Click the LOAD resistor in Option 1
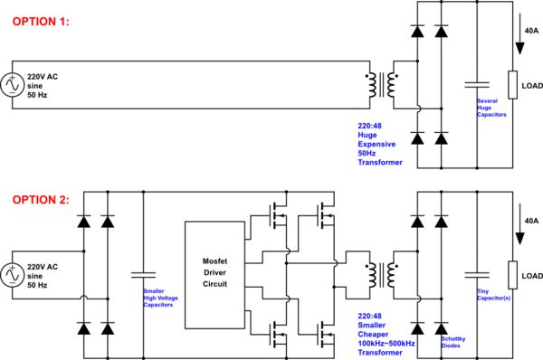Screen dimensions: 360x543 coord(512,85)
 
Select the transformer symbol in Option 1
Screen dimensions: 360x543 coord(385,84)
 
